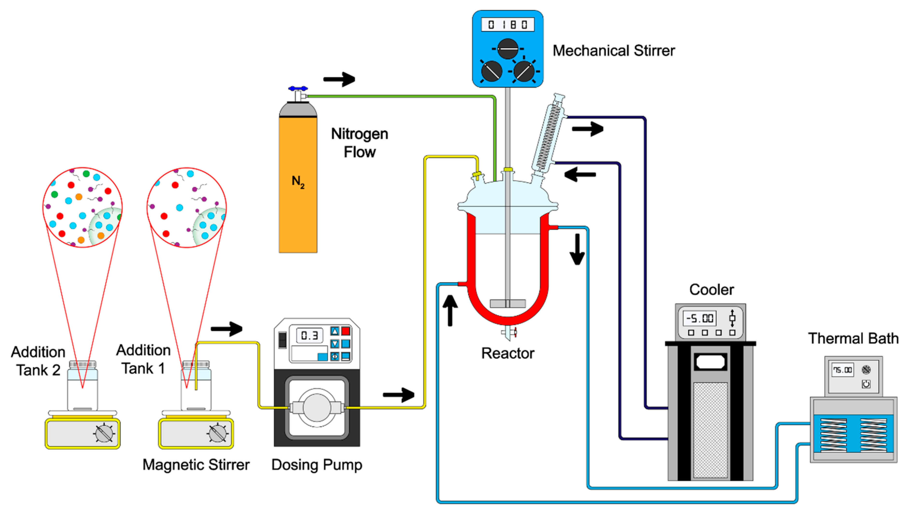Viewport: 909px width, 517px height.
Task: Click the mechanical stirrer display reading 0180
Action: click(507, 25)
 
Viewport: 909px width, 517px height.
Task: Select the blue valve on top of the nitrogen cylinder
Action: click(298, 88)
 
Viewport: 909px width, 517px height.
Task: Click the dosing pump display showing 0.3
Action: click(309, 335)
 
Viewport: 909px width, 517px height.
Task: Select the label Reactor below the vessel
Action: click(507, 353)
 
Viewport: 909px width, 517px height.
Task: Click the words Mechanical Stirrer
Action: click(614, 51)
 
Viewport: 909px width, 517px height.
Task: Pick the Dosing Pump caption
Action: click(316, 465)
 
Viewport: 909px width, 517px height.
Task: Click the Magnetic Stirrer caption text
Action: click(196, 465)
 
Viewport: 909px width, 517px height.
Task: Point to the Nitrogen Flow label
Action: click(359, 143)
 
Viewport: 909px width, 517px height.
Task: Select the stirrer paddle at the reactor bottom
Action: click(507, 303)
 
